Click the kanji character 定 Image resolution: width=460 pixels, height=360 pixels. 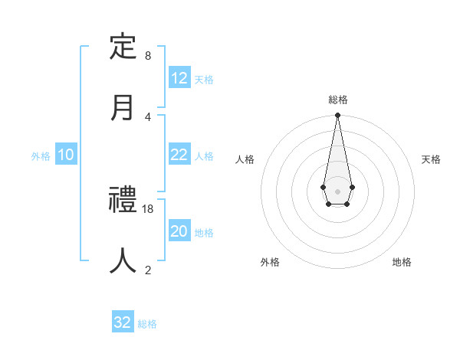[x=123, y=47]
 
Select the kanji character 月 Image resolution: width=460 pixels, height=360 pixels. [x=123, y=107]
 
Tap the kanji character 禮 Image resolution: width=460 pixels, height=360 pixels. [x=123, y=201]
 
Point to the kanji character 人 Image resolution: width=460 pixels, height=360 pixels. [x=123, y=260]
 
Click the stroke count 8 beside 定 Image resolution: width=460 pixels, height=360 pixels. [x=148, y=56]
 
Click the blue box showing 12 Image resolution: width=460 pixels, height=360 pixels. [x=179, y=78]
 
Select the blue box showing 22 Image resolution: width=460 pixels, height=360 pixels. [x=179, y=155]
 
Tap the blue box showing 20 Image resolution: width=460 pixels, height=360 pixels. [x=179, y=232]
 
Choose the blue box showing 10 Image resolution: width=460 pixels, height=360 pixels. [x=66, y=155]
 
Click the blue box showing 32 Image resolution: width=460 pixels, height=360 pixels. [x=123, y=322]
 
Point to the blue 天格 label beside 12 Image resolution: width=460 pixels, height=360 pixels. [x=204, y=79]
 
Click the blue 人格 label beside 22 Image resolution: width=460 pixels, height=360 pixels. [x=204, y=155]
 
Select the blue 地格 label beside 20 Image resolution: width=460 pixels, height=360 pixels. [x=204, y=233]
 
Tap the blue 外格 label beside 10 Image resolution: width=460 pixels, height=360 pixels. [x=41, y=155]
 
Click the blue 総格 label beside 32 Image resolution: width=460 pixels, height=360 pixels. [x=147, y=323]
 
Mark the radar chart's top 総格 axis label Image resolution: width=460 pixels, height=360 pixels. [x=337, y=100]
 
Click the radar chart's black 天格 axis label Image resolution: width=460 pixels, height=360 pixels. [x=431, y=159]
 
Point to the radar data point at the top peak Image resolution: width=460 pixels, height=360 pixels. [x=337, y=115]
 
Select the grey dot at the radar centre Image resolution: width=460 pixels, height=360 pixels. [x=337, y=190]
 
